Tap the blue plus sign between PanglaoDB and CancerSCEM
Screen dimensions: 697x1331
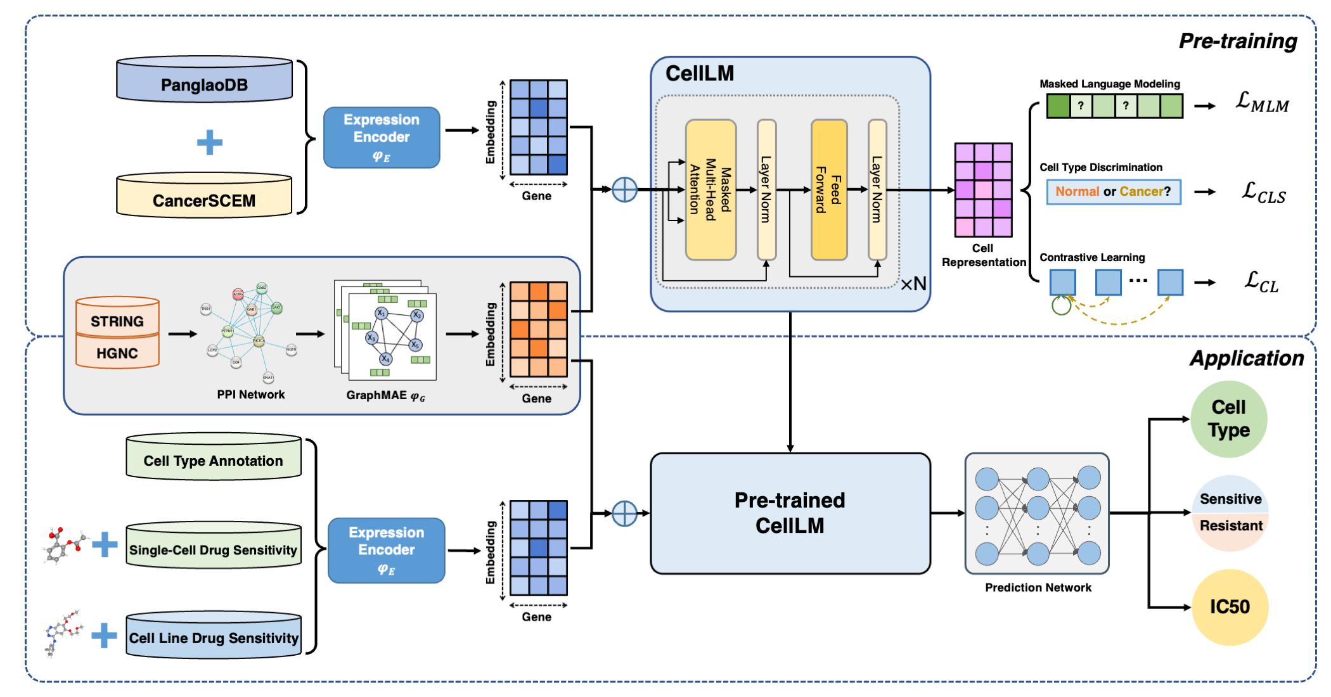coord(210,142)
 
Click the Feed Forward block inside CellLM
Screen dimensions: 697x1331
coord(829,190)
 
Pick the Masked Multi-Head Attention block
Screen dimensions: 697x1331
coord(711,190)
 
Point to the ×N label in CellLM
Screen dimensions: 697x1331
coord(913,284)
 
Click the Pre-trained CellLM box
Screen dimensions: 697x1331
coord(790,513)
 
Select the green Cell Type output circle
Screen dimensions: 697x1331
coord(1228,419)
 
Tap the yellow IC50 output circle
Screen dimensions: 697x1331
coord(1230,606)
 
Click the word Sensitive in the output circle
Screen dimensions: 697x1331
coord(1230,499)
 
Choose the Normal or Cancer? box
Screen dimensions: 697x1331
coord(1113,191)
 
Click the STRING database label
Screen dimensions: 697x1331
coord(117,321)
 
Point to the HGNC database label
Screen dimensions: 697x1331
coord(117,353)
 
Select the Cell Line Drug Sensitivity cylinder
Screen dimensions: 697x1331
coord(214,637)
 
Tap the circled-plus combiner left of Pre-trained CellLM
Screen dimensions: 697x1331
coord(624,513)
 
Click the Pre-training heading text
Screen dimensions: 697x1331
coord(1237,41)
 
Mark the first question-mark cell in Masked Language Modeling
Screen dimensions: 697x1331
coord(1081,106)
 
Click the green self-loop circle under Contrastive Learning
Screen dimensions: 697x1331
coord(1061,305)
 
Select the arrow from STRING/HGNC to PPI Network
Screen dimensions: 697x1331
coord(183,334)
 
